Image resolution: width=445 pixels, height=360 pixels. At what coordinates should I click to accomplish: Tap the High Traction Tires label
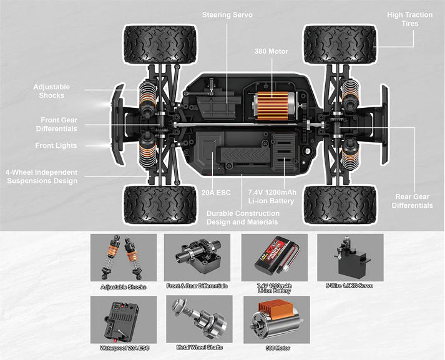[x=411, y=19]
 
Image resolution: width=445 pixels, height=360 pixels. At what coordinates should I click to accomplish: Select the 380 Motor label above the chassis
[x=271, y=51]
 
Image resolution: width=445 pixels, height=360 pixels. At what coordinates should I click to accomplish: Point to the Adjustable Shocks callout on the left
[x=52, y=91]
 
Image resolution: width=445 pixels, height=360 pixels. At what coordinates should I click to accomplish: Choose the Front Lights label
[x=56, y=146]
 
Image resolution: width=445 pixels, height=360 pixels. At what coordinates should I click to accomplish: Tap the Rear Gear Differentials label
[x=412, y=202]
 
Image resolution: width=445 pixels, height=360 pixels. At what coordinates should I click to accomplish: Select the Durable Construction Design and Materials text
[x=242, y=217]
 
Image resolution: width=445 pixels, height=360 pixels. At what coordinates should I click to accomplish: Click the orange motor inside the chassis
[x=272, y=106]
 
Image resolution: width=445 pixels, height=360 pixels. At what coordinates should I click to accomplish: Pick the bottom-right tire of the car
[x=340, y=204]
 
